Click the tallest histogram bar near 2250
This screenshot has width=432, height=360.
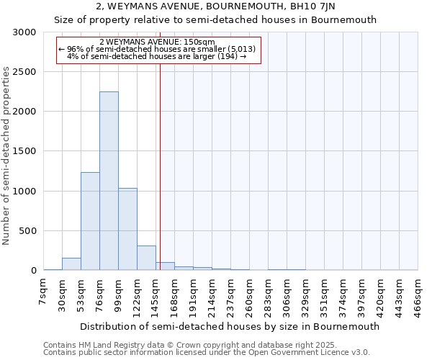(109, 181)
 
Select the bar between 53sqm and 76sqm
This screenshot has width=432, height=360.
(90, 222)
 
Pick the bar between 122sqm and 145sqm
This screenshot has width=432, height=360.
(146, 258)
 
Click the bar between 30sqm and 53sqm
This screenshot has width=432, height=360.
(71, 264)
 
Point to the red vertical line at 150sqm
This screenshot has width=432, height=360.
(160, 166)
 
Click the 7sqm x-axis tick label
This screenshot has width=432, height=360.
(44, 292)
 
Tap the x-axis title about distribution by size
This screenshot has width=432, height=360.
(230, 326)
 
